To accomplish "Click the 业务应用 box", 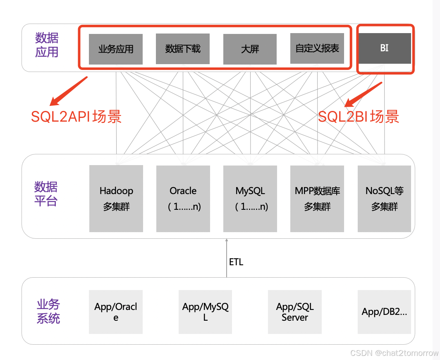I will (x=116, y=49).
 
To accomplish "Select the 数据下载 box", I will (x=183, y=49).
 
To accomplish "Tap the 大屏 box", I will (x=250, y=49).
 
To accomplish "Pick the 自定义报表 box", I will (x=317, y=49).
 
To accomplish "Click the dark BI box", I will (x=384, y=48).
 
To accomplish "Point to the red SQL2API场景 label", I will (x=77, y=117).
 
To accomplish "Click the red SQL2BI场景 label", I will (x=359, y=117).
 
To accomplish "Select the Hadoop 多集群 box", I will (x=116, y=199).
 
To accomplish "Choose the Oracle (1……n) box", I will (x=183, y=199).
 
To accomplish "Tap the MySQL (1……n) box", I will (x=250, y=199).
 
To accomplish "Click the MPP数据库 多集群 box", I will (x=317, y=199).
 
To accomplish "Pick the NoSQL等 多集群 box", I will (x=384, y=199).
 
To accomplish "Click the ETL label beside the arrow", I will (x=236, y=262).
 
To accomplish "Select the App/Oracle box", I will (x=116, y=312).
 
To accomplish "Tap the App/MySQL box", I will (x=205, y=312).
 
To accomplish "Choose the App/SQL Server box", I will (x=295, y=312).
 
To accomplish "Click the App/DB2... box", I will (x=384, y=312).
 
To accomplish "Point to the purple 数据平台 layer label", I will (x=46, y=194).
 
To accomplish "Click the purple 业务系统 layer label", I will (x=48, y=312).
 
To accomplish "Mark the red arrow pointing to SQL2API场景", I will (x=69, y=91).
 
